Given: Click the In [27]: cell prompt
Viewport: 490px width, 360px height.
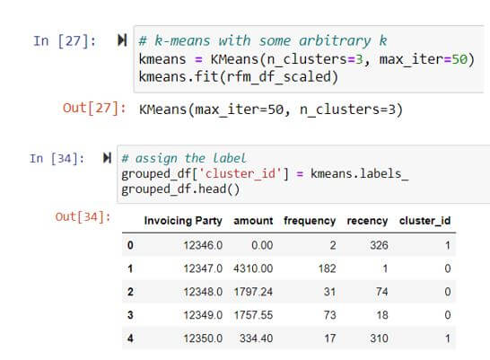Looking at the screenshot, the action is tap(64, 41).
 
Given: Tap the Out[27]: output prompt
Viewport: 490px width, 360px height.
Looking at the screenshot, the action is tap(94, 109).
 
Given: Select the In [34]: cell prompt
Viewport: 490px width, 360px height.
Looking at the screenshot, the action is tap(57, 158).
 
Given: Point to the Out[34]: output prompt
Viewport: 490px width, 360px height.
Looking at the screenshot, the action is tap(83, 216).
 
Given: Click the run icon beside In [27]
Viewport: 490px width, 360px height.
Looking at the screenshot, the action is tap(122, 40).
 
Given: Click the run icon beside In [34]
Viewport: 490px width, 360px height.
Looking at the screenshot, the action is tap(107, 158).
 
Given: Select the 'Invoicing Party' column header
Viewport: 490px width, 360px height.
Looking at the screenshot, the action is tap(183, 221).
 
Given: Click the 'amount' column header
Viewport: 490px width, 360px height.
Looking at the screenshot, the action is tap(253, 221).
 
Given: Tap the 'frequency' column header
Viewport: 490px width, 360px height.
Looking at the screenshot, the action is tap(310, 221).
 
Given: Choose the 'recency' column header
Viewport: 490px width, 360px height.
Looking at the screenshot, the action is tap(367, 221).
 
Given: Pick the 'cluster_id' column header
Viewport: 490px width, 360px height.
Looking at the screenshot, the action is tap(424, 221).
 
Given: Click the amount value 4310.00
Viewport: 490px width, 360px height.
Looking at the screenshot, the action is tap(253, 268).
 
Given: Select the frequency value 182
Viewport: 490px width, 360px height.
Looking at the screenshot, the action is tap(328, 268).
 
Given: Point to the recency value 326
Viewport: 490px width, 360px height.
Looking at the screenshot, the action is tap(379, 245).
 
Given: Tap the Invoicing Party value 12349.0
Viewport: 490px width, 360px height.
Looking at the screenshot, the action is tap(203, 315).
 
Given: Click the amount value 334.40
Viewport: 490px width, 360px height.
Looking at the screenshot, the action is tap(257, 338).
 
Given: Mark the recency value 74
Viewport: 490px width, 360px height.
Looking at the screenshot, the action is tap(382, 292).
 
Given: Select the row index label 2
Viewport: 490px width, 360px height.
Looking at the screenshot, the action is tap(130, 292).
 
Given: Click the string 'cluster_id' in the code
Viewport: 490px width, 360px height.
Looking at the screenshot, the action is tap(240, 173).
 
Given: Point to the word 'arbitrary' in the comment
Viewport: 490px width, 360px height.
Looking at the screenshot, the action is tap(335, 41).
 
